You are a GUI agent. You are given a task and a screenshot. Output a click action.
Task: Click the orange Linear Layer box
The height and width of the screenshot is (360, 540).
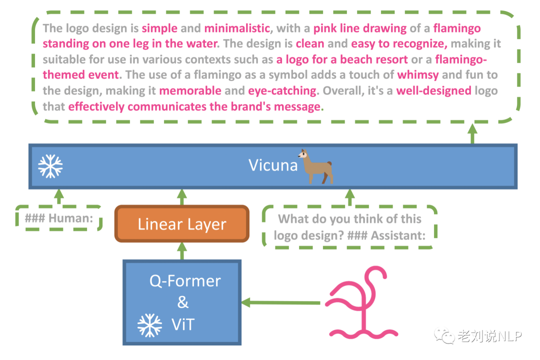[x=182, y=224]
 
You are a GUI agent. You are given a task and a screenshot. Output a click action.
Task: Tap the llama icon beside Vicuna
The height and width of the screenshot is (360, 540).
[x=316, y=166]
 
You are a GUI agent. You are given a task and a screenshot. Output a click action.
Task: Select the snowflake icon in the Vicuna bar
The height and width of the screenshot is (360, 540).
[x=50, y=166]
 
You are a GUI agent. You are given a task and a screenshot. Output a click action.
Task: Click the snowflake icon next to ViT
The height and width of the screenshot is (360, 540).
[x=149, y=325]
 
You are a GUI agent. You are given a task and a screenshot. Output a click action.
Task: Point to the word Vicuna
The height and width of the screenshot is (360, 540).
[x=273, y=165]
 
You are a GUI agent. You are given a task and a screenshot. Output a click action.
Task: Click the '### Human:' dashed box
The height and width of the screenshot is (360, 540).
[x=59, y=218]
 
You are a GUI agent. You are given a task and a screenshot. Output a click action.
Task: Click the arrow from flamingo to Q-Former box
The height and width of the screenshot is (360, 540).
[x=280, y=303]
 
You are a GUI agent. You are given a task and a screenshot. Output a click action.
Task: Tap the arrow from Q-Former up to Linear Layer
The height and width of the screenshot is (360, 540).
[x=182, y=251]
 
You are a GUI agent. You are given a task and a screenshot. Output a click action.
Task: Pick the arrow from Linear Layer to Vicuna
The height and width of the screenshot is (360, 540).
[x=182, y=197]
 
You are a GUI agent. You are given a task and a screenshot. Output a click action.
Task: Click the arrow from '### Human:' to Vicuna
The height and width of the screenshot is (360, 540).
[x=59, y=197]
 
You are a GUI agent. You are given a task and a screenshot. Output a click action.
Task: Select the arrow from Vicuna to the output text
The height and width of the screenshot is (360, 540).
[x=472, y=133]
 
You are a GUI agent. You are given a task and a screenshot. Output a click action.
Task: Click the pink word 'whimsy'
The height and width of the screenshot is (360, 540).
[x=417, y=75]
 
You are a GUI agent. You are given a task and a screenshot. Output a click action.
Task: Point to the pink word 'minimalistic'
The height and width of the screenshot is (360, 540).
[x=237, y=28]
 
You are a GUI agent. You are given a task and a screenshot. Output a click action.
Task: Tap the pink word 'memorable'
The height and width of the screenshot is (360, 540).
[x=190, y=90]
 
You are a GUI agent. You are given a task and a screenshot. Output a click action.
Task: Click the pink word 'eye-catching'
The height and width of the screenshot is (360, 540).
[x=282, y=90]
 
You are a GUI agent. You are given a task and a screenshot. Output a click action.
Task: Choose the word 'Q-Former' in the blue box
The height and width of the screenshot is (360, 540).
[x=185, y=281]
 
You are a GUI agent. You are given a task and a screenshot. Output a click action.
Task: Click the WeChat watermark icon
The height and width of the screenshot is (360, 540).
[x=444, y=335]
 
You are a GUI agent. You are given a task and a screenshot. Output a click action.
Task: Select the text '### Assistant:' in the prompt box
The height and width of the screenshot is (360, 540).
[x=386, y=235]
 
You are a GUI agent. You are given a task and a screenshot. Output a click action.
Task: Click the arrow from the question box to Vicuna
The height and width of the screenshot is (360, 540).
[x=350, y=197]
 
